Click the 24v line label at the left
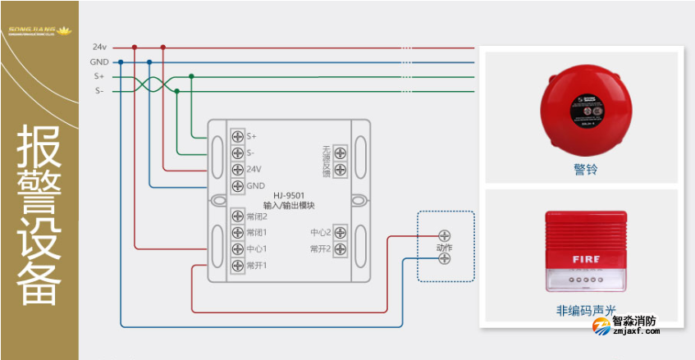coord(99,47)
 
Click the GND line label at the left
coord(99,62)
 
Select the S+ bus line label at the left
coord(99,76)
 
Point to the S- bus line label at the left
coord(99,91)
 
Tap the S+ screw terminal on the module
coord(237,136)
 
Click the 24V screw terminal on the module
coord(237,169)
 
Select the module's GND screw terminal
coord(237,185)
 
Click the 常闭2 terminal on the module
coord(237,216)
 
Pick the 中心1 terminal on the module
coord(237,248)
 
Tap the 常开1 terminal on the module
coord(237,265)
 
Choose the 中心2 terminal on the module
coord(339,233)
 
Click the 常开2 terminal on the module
coord(339,248)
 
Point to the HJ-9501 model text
coord(289,195)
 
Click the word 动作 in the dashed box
coord(445,247)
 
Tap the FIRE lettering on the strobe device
coord(586,259)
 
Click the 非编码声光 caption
coord(585,312)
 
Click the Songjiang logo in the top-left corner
coord(39,31)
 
